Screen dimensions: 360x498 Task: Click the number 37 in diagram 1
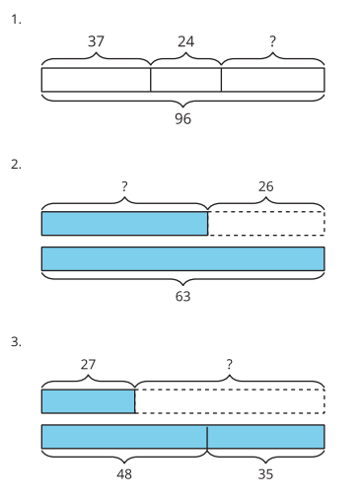(x=96, y=41)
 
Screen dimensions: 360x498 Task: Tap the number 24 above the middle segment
(x=186, y=41)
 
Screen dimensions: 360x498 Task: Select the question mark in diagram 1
(x=272, y=41)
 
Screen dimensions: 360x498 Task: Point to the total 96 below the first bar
(x=182, y=118)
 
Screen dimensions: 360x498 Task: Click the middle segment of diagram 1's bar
(x=186, y=80)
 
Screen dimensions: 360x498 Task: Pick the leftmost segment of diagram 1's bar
(x=96, y=80)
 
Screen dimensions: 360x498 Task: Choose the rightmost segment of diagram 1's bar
(x=273, y=80)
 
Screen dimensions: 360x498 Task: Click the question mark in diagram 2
(x=124, y=186)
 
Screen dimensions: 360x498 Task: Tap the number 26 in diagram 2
(x=265, y=186)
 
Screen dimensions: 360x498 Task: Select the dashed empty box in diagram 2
(x=266, y=224)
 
